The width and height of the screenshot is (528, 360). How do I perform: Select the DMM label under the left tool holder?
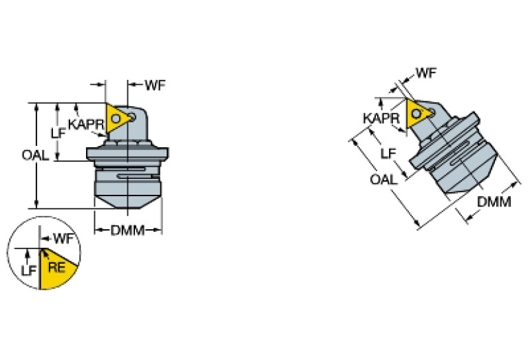click(127, 231)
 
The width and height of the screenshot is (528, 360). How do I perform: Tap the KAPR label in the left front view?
click(86, 125)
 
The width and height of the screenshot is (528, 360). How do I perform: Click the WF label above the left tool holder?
click(155, 85)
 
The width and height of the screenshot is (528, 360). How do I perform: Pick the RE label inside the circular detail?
click(56, 268)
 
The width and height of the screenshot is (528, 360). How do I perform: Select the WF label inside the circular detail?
click(63, 240)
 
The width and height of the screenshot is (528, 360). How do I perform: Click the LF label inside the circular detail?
click(28, 271)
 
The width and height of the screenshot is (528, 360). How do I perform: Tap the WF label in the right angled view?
click(427, 72)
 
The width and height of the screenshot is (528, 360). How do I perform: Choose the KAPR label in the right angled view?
click(381, 118)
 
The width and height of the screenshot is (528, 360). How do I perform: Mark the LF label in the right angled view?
click(388, 153)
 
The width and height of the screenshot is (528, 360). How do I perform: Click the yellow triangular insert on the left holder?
click(118, 118)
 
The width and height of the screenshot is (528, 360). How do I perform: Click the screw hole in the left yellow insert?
click(117, 118)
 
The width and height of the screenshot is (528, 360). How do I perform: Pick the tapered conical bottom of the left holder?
click(128, 200)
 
